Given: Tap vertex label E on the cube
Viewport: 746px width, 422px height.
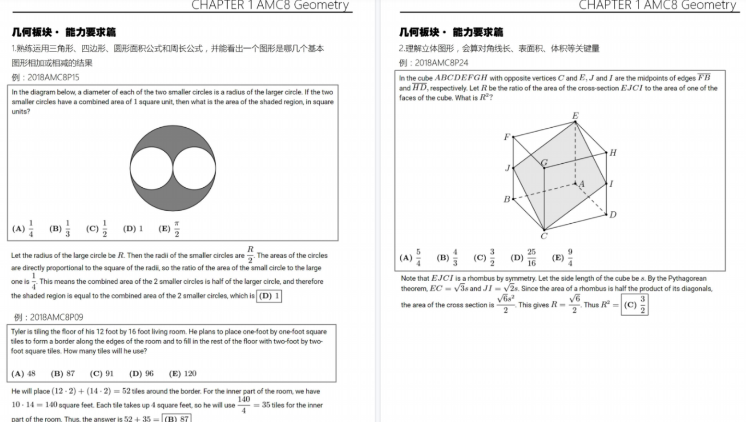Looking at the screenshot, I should coord(575,115).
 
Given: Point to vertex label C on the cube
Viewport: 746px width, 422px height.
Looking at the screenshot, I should coord(544,236).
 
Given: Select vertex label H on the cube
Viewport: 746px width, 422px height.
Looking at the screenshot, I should coord(613,153).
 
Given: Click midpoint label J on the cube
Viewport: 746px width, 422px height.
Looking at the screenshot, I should coord(507,168).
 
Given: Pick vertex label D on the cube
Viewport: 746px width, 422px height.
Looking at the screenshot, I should coord(613,215).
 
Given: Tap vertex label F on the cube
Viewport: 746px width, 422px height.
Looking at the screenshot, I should coord(507,137).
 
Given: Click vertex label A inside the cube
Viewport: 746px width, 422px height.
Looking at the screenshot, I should coord(581,184).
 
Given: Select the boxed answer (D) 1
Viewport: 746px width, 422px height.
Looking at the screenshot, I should coord(269,296).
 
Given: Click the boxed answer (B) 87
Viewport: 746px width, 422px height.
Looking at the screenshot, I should coord(176,419).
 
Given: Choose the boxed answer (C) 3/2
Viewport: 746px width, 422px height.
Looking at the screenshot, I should coord(635,305).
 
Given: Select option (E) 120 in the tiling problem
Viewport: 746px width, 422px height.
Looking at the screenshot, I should coord(183,373).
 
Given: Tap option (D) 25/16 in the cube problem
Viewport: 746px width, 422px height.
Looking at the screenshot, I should coord(523,258).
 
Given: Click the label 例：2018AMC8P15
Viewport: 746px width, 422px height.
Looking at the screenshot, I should coord(45,77).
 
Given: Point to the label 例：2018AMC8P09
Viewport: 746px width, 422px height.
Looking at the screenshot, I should coord(49,317).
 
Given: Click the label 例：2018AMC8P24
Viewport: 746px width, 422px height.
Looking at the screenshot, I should coord(434,63).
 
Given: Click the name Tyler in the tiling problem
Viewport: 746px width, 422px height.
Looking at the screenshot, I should coord(20,332).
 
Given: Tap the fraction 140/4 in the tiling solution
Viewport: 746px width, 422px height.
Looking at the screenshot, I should coord(244,405).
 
